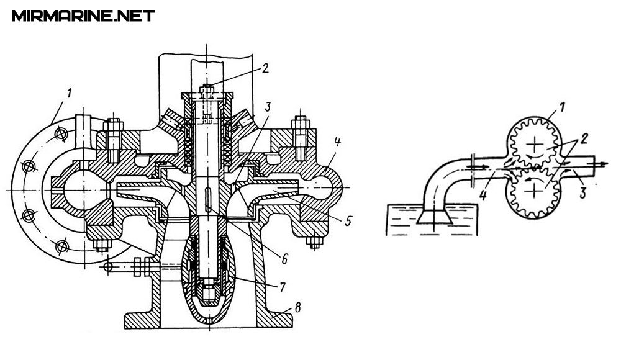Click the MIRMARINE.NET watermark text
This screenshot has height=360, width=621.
coord(83,16)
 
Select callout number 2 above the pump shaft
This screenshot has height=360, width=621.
coord(265,68)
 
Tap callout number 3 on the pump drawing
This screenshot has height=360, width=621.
coord(268,107)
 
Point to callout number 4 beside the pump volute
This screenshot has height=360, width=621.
coord(337,142)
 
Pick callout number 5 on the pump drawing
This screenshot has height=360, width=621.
coord(348,220)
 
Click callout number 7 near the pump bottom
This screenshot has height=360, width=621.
coord(282,287)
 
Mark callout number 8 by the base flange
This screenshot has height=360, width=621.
coord(297,307)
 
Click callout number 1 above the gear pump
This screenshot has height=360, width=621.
coord(563,107)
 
